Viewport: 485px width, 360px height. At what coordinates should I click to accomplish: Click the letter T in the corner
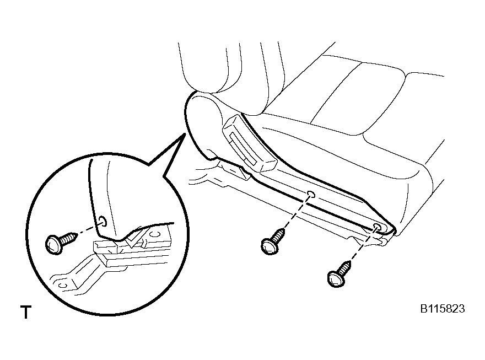tap(26, 312)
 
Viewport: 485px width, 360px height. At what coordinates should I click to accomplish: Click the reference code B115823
tap(443, 309)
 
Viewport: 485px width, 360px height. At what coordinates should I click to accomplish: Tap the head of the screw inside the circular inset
tap(55, 245)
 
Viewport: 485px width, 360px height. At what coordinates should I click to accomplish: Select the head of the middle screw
tap(270, 246)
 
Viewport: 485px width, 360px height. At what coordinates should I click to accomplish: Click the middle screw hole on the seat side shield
tap(311, 195)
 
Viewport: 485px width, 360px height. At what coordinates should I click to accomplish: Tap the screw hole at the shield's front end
tap(378, 227)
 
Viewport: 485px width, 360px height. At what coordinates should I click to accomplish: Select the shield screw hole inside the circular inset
tap(103, 221)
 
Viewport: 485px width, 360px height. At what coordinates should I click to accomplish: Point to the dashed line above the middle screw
tap(297, 212)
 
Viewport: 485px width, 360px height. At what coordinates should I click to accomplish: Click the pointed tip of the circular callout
tap(185, 134)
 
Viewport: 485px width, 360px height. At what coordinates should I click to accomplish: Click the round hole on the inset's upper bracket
tap(154, 234)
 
